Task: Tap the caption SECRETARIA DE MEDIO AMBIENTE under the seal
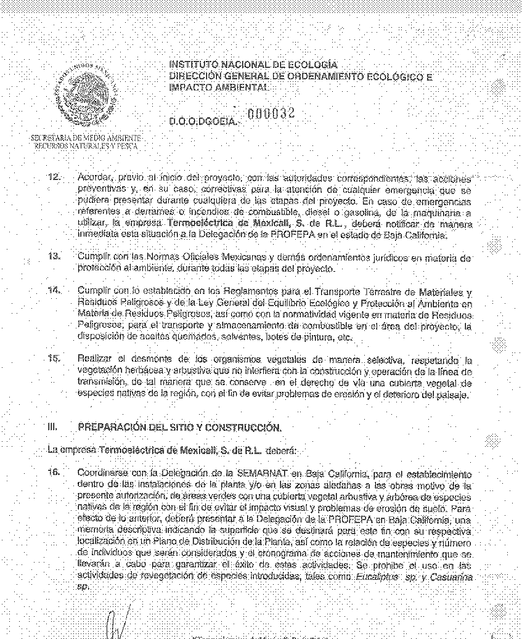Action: tap(86, 138)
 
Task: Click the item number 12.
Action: tap(54, 177)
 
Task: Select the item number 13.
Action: tap(54, 256)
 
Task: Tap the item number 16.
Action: tap(54, 473)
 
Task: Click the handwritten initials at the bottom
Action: tap(118, 625)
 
